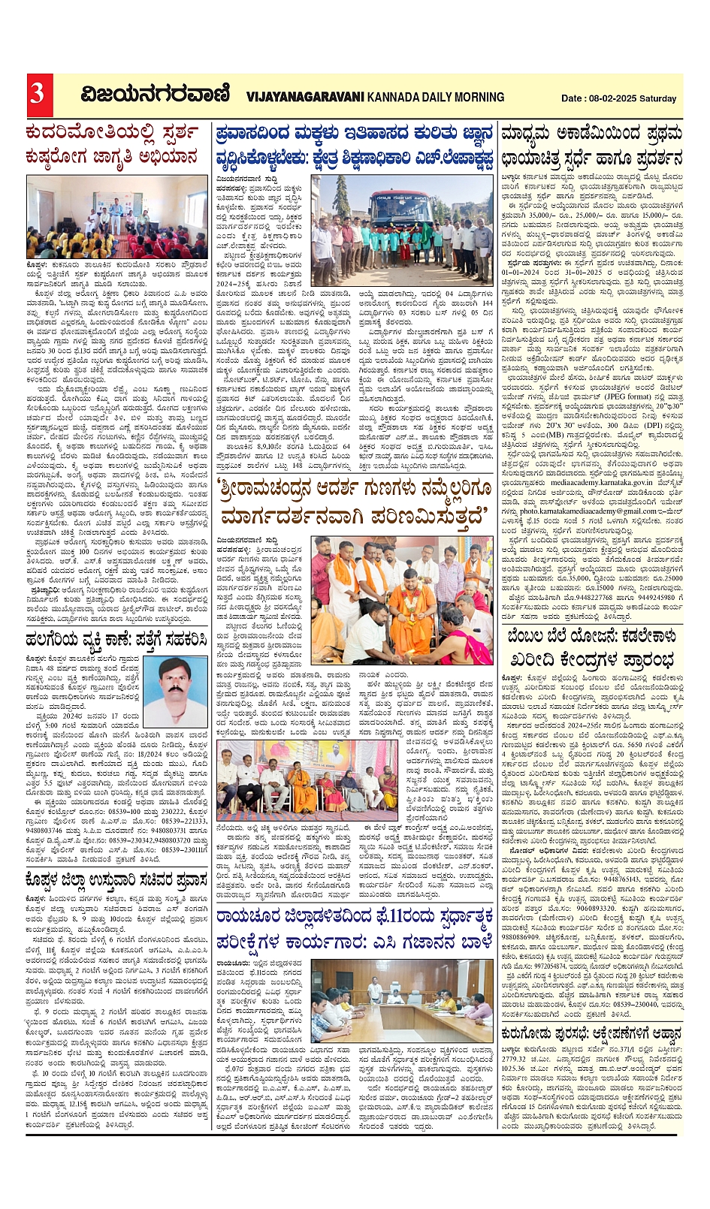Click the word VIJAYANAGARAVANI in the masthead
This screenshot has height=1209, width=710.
(304, 97)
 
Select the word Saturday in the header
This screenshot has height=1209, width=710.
(660, 98)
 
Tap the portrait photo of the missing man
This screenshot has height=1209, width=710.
(174, 692)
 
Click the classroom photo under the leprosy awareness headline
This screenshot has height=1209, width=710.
(116, 217)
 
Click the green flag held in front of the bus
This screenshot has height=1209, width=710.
(426, 234)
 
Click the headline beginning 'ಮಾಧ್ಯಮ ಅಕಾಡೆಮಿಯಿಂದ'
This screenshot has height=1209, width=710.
(591, 146)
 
